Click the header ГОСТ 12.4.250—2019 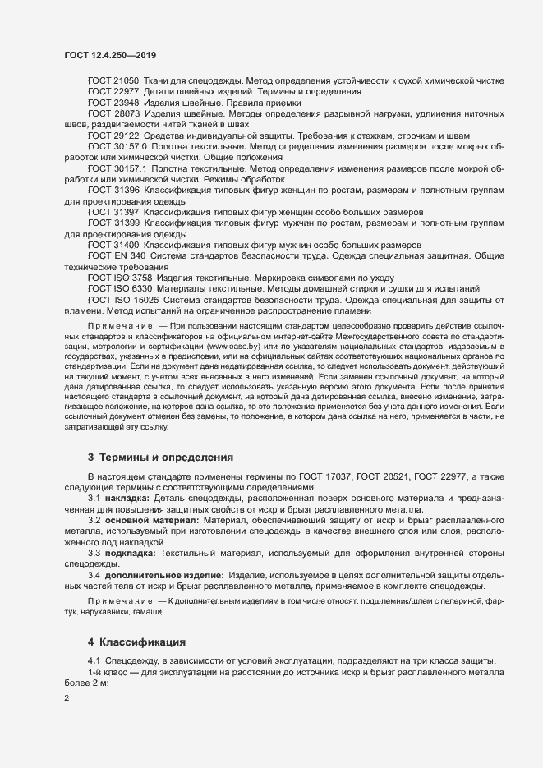[110, 54]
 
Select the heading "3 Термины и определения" [161, 457]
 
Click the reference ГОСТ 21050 [113, 83]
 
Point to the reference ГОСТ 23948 [113, 103]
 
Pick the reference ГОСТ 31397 [113, 211]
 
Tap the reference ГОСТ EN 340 [117, 255]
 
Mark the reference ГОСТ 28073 [113, 114]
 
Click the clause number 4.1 [94, 662]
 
